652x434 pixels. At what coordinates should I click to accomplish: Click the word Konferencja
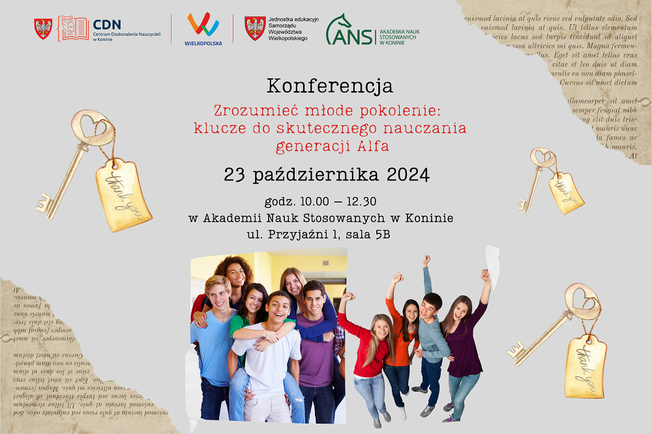click(329, 85)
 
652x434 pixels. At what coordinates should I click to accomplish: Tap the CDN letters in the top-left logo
click(107, 23)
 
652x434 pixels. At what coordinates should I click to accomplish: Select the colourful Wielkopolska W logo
click(203, 25)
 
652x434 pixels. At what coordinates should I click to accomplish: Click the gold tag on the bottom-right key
click(585, 366)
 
